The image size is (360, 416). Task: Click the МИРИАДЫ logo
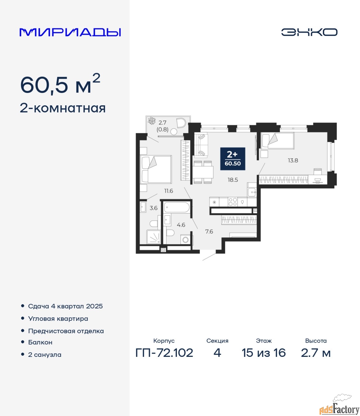[x=70, y=32]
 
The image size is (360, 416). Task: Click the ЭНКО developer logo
[x=309, y=32]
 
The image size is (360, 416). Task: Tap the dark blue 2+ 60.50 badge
[x=232, y=159]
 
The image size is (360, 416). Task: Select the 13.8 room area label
[x=293, y=161]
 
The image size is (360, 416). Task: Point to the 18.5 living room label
[x=233, y=180]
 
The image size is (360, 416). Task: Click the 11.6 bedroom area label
[x=169, y=191]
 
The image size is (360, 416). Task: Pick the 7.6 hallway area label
[x=209, y=231]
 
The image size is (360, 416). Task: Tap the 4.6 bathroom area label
[x=181, y=225]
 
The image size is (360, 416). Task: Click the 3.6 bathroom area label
[x=154, y=208]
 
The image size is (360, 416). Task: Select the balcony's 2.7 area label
[x=162, y=123]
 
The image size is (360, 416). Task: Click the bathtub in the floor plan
[x=177, y=207]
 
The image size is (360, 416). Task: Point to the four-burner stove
[x=232, y=202]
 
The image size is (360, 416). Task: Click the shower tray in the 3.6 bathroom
[x=154, y=237]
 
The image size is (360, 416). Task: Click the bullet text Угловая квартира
[x=58, y=318]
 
